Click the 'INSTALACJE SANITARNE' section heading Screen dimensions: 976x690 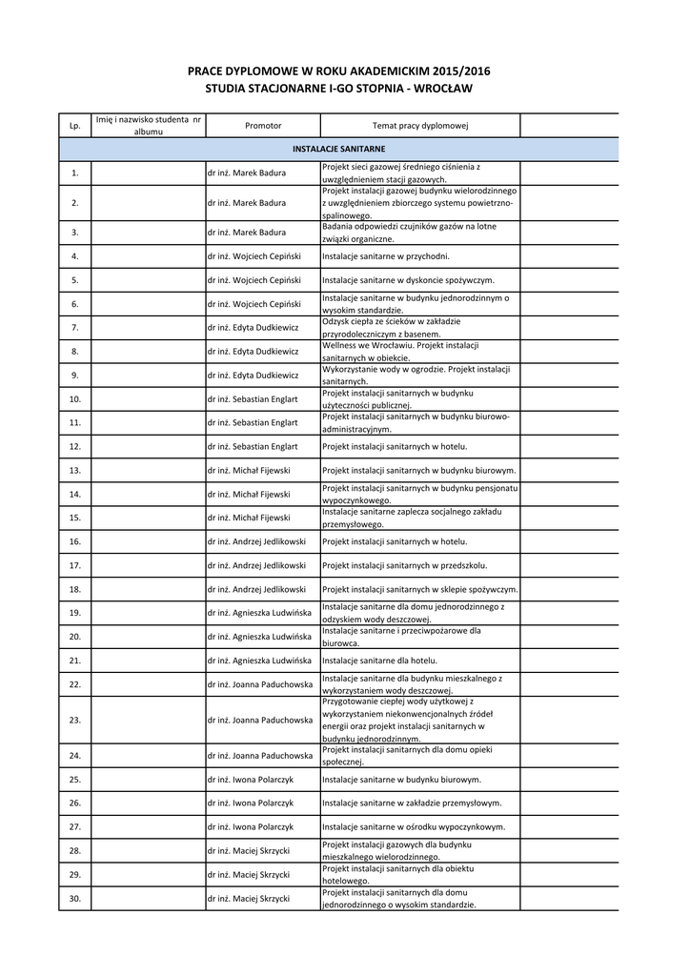pos(338,149)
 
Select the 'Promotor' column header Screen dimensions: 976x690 pos(263,126)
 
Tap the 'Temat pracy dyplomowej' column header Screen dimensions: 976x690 pos(419,126)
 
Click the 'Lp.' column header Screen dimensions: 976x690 pos(74,126)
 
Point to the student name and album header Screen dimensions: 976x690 pos(149,125)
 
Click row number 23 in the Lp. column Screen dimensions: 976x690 pos(74,720)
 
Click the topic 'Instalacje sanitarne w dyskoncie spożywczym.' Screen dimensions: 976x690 pos(408,280)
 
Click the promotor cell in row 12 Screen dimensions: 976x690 pos(253,446)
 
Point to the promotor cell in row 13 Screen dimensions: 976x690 pos(249,470)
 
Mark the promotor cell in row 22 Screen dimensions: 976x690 pos(259,683)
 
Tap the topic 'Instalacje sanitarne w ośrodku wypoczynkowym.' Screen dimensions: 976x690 pos(414,826)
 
